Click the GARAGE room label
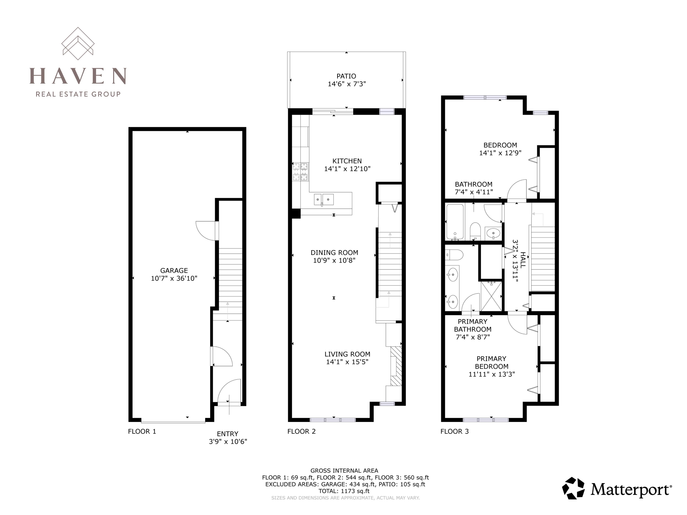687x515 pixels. (174, 270)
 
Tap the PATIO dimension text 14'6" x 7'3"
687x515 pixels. (347, 84)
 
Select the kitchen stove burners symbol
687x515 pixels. (300, 172)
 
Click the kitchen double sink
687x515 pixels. (324, 200)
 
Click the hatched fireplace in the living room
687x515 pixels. (396, 366)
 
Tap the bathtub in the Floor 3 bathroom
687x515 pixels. (455, 222)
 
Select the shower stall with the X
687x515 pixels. (491, 296)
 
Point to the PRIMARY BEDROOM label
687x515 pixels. (491, 363)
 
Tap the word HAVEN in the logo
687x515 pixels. (78, 76)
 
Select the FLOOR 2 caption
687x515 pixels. (301, 431)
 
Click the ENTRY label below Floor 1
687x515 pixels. (228, 434)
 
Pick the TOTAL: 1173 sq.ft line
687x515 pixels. (344, 491)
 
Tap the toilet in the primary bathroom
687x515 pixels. (454, 255)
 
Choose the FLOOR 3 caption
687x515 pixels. (454, 431)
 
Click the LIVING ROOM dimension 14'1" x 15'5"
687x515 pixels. (347, 362)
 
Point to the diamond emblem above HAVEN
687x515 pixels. (78, 43)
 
